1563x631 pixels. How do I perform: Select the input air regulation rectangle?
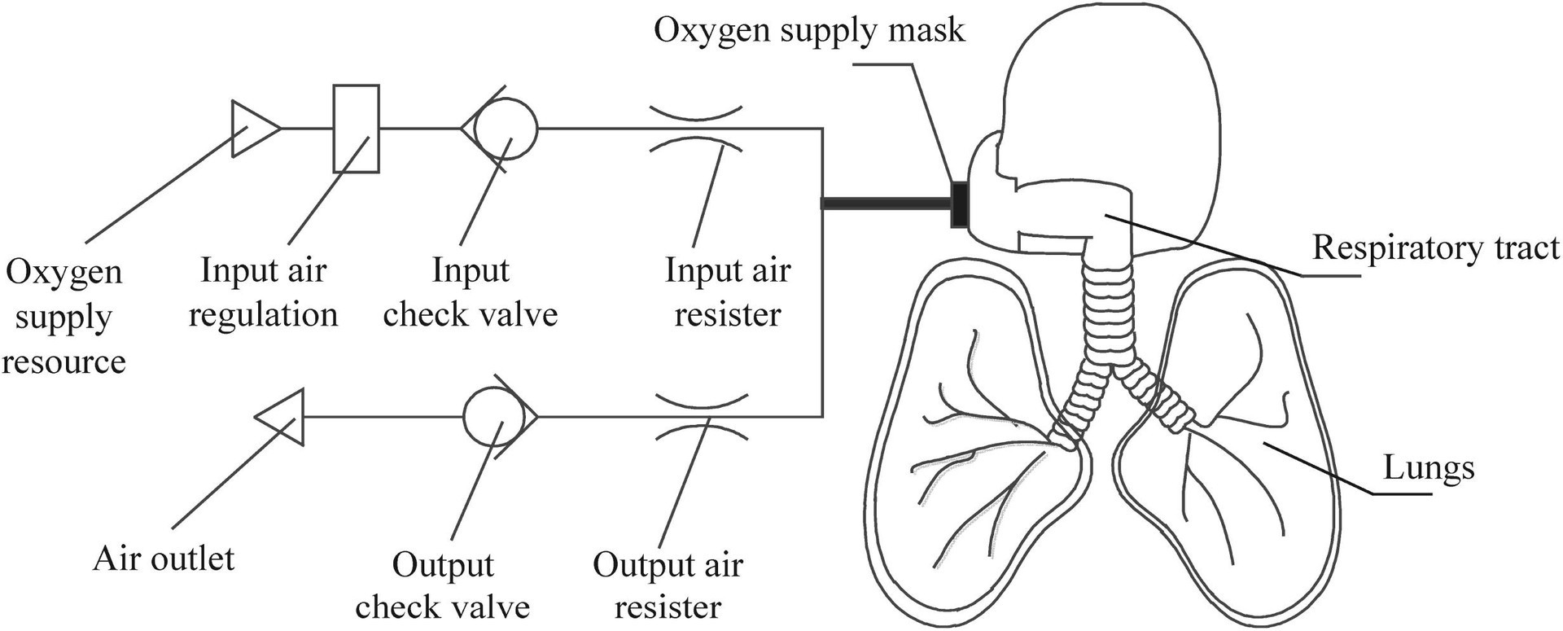click(x=356, y=129)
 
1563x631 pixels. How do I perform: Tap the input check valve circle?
click(x=506, y=128)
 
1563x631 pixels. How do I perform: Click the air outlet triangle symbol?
click(x=280, y=417)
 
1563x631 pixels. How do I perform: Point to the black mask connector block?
click(x=961, y=203)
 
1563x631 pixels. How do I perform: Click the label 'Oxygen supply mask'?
click(x=809, y=30)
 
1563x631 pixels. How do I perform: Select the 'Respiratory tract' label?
click(x=1436, y=248)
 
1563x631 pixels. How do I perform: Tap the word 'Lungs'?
click(x=1429, y=467)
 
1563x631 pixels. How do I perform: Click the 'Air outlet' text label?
click(x=164, y=559)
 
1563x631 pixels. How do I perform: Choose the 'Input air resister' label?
click(x=728, y=291)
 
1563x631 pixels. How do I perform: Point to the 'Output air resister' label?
click(x=668, y=585)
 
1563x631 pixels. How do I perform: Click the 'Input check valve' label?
click(x=471, y=291)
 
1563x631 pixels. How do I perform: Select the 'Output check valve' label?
click(x=443, y=585)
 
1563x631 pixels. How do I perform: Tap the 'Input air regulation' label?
click(x=263, y=291)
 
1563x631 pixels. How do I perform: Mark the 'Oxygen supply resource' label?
click(x=63, y=316)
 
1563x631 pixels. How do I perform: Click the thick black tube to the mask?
click(x=887, y=203)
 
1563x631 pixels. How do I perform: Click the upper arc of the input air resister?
click(x=696, y=112)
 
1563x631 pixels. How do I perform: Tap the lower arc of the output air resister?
click(x=702, y=430)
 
